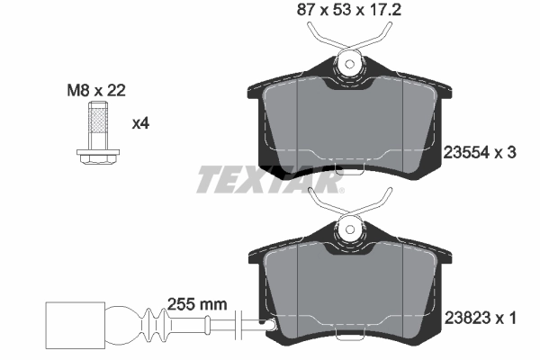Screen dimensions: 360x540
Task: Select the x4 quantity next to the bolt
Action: (140, 123)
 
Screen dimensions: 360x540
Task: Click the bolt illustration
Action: (95, 135)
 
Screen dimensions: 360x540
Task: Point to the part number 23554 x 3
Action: (481, 153)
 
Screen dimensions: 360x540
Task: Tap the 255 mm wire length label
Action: (196, 305)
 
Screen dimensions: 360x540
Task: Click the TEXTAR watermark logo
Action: (270, 181)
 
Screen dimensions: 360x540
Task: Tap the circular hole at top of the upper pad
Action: (350, 63)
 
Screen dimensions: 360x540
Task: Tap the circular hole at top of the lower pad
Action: (350, 230)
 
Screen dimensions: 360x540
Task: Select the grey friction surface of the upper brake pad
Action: (351, 126)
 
